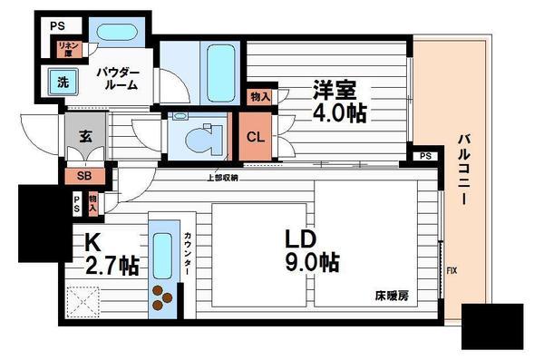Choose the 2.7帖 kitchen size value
coord(112,267)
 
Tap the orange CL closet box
coord(256,138)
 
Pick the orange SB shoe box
coord(83,177)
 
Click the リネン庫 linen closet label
coord(66,49)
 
